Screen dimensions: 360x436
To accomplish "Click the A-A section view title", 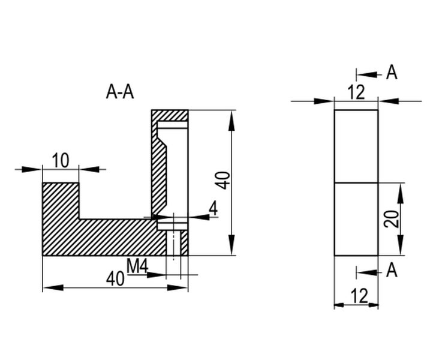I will (x=120, y=92).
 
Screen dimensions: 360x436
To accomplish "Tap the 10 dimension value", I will (x=60, y=160).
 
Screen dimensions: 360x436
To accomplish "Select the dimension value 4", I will (x=214, y=209).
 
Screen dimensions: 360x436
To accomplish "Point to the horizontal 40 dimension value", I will (x=116, y=278).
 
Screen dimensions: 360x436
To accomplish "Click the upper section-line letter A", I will (x=392, y=73).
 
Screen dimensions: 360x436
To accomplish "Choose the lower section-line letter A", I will (x=392, y=271).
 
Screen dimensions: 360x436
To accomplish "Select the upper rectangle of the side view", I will (x=356, y=145).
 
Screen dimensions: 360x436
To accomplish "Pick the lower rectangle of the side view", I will (x=356, y=218).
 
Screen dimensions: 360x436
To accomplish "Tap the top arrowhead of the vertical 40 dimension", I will (x=231, y=117).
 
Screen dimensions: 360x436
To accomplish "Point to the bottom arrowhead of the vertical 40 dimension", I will (x=231, y=250).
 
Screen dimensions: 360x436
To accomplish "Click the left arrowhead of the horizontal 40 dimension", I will (x=49, y=288).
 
